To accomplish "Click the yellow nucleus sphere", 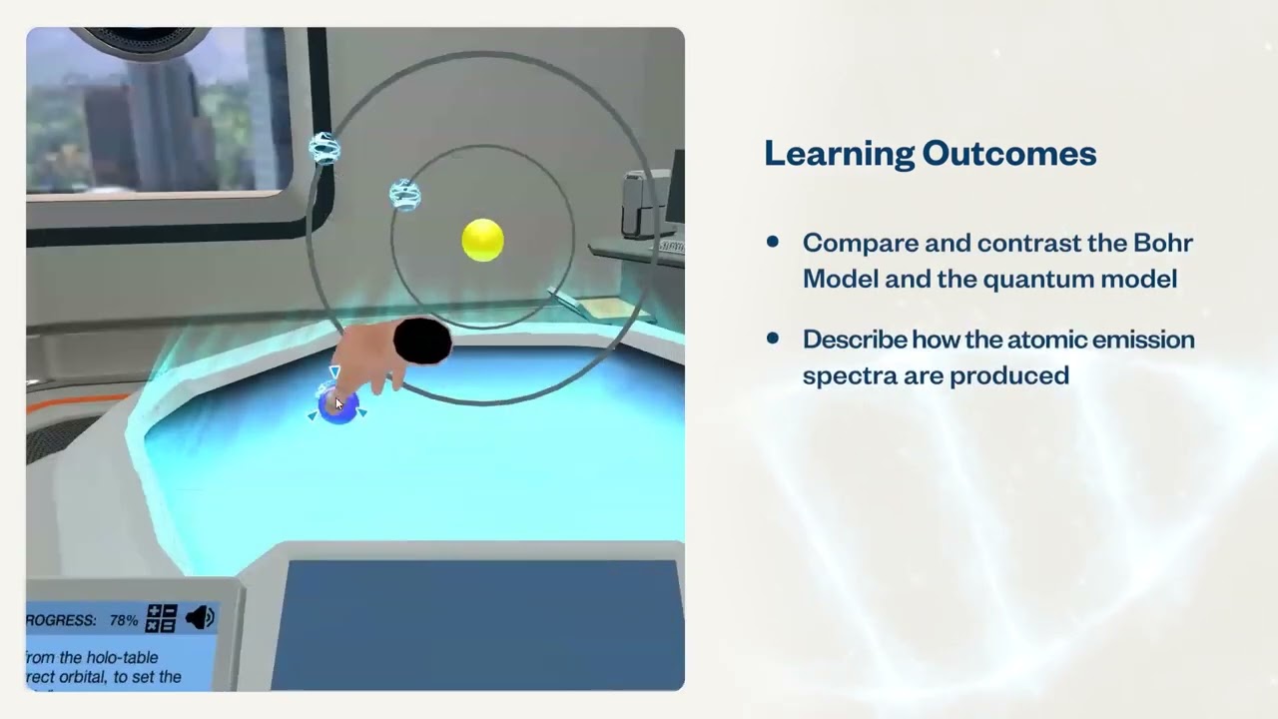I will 483,241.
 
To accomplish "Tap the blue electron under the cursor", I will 338,406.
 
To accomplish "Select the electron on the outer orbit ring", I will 324,149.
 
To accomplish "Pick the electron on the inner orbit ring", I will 405,194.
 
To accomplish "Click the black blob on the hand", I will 422,342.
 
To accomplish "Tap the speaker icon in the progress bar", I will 200,618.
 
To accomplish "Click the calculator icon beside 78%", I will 162,618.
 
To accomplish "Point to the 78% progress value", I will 124,620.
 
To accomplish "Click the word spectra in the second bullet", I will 839,375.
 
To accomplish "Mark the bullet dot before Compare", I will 772,242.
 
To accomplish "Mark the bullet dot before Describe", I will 772,339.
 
